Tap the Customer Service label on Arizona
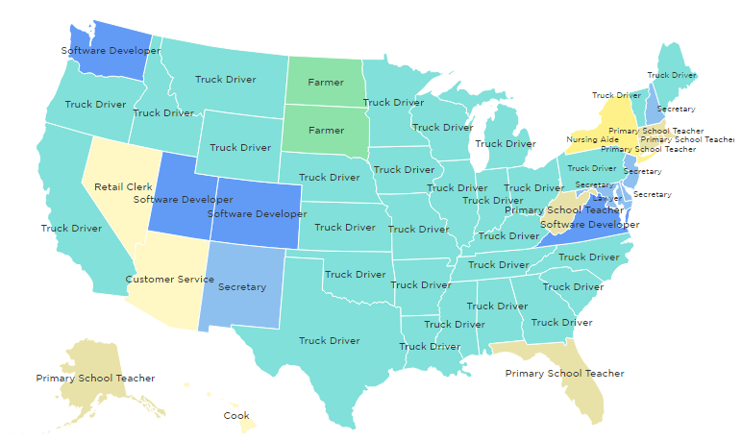(170, 280)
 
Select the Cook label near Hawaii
(236, 416)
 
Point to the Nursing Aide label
(587, 139)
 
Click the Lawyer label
(607, 198)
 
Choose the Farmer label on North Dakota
(326, 83)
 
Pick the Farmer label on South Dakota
(326, 130)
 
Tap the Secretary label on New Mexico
(242, 287)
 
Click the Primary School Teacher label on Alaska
(95, 379)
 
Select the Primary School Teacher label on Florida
(564, 373)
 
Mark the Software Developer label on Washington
(104, 50)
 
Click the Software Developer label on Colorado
(255, 213)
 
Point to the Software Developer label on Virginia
(589, 225)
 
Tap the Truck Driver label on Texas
(329, 340)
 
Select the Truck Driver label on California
(71, 228)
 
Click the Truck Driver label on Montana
(226, 80)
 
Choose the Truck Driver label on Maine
(672, 75)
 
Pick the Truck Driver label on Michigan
(506, 144)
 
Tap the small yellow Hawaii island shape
(246, 421)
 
